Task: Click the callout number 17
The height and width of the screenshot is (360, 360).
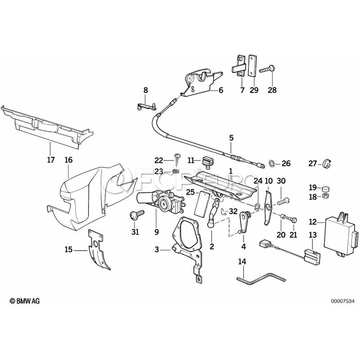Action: (51, 160)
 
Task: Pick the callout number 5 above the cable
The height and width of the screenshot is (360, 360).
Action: (231, 138)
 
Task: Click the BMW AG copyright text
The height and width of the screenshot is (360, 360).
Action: (24, 301)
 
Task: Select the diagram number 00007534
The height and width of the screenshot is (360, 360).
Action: (342, 301)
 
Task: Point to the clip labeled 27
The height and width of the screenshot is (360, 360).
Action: (326, 164)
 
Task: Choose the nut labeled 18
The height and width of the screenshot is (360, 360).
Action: (326, 196)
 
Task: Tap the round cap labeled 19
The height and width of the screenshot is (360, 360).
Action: (325, 189)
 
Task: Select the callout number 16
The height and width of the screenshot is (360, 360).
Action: (68, 160)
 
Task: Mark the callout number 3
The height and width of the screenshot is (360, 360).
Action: (156, 250)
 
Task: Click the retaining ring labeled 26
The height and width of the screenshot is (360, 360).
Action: (272, 164)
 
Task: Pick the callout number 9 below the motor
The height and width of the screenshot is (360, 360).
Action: (156, 232)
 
